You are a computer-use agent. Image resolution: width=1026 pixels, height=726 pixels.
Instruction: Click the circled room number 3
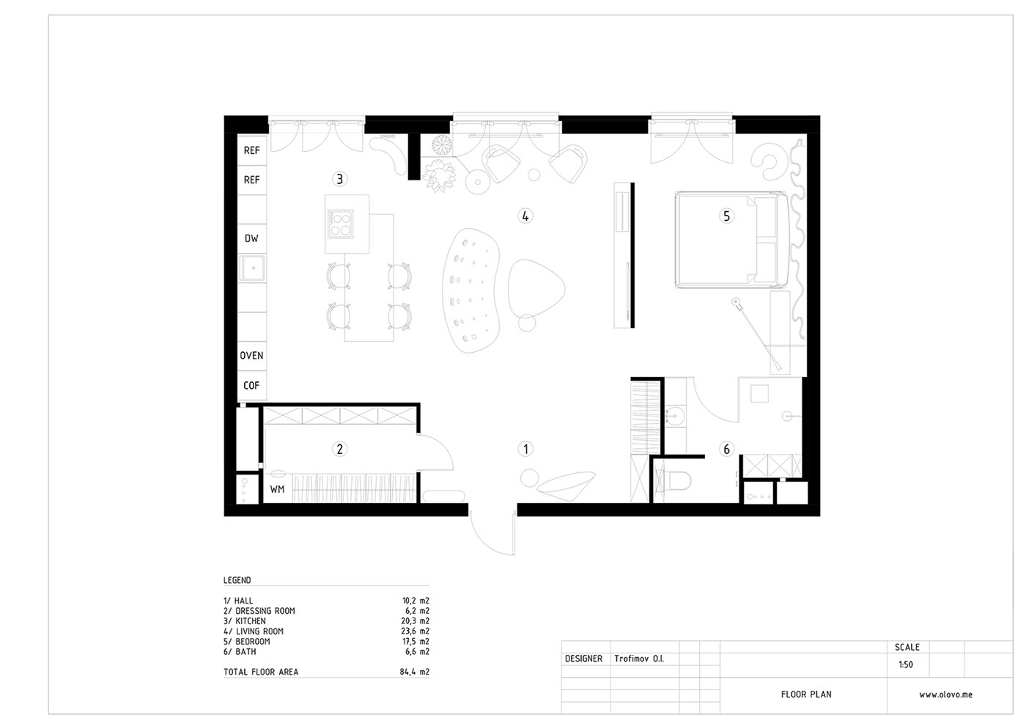[x=339, y=179]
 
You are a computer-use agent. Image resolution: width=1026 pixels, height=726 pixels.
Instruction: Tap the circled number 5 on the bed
[x=726, y=216]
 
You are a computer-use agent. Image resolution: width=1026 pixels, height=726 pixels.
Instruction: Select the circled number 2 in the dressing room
[x=339, y=449]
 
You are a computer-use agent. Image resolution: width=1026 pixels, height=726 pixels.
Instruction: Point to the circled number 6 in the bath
[x=726, y=449]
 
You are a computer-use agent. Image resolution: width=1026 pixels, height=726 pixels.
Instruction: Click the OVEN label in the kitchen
[x=251, y=356]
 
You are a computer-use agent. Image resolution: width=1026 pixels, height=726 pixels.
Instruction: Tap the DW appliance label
[x=251, y=238]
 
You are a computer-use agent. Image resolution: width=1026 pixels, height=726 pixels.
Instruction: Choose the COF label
[x=251, y=385]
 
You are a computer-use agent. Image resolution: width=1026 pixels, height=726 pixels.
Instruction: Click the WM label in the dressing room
[x=277, y=489]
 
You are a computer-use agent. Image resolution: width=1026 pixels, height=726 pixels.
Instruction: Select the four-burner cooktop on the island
[x=340, y=224]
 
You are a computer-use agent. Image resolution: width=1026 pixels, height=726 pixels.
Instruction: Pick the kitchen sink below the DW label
[x=252, y=268]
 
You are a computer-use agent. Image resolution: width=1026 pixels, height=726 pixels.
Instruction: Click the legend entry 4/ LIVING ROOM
[x=254, y=631]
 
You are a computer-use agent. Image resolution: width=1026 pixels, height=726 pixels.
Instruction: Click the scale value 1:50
[x=906, y=665]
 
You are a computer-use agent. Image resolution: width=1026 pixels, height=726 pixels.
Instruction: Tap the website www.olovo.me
[x=945, y=694]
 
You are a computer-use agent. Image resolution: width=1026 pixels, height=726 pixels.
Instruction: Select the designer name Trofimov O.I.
[x=639, y=659]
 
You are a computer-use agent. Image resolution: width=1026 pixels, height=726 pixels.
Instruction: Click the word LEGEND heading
[x=237, y=580]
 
